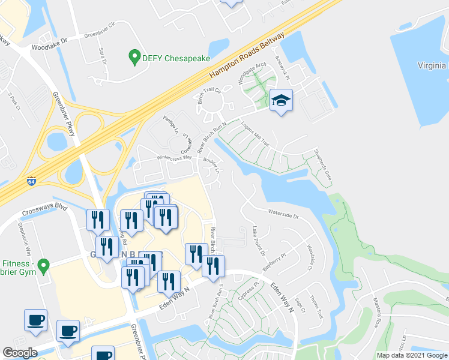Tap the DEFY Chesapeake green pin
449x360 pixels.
tap(134, 58)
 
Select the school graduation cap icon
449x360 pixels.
tap(280, 100)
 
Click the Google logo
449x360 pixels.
tap(20, 352)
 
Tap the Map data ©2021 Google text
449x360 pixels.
tap(411, 355)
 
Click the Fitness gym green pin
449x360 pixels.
tap(43, 265)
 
